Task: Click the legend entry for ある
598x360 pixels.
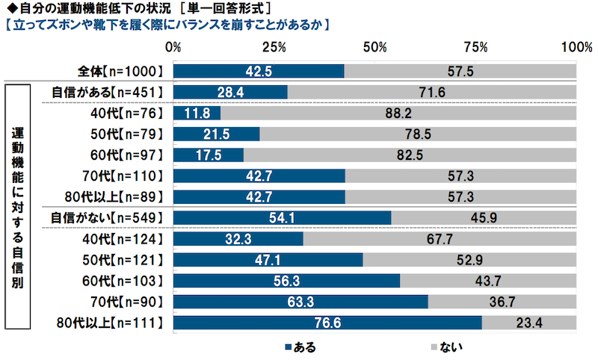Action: pyautogui.click(x=298, y=347)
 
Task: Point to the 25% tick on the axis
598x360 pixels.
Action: pyautogui.click(x=274, y=47)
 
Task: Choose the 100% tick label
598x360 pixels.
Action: pyautogui.click(x=576, y=47)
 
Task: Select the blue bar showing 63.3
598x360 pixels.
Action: pyautogui.click(x=300, y=302)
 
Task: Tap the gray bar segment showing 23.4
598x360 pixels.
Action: pyautogui.click(x=529, y=323)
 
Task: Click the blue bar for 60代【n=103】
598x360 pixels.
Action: pyautogui.click(x=286, y=281)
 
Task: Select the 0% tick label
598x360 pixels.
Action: pyautogui.click(x=173, y=47)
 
